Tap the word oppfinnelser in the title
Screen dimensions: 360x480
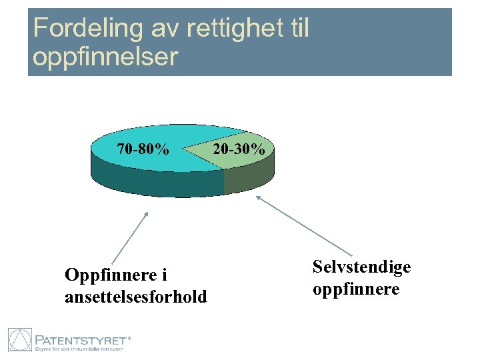[105, 57]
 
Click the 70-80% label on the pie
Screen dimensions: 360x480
[143, 149]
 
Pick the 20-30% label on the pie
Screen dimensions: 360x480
[239, 149]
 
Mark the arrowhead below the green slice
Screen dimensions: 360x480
[259, 197]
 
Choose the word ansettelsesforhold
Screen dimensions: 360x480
[136, 296]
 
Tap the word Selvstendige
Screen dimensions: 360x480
[361, 267]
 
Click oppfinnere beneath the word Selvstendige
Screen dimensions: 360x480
[356, 289]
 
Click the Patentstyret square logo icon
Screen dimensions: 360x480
[20, 339]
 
